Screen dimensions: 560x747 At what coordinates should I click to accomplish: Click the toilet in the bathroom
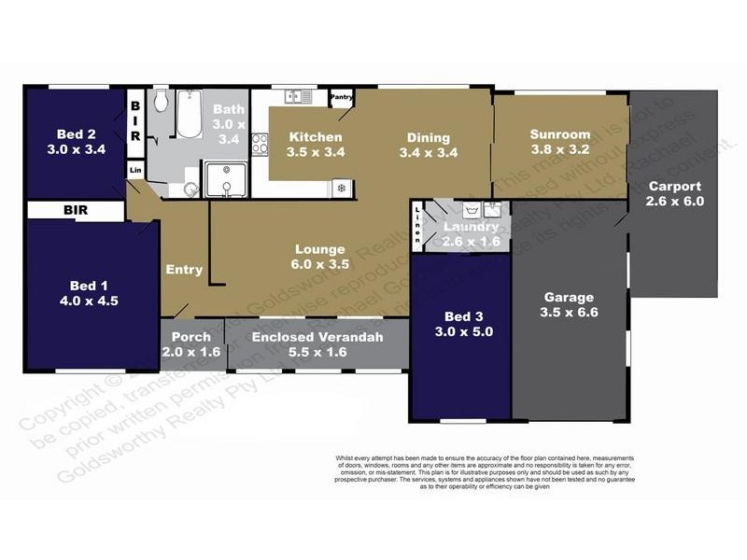click(x=160, y=101)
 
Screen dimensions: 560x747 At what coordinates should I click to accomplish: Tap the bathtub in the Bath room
click(x=190, y=114)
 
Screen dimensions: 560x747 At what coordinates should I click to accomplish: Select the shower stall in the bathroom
click(x=224, y=179)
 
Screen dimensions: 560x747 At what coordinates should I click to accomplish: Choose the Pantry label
click(x=341, y=96)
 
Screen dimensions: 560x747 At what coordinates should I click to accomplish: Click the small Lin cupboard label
click(x=135, y=170)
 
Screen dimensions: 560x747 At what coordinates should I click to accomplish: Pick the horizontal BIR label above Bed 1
click(x=75, y=211)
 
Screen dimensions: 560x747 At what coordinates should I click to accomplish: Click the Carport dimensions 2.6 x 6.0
click(x=674, y=201)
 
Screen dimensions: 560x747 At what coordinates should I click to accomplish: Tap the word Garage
click(x=568, y=298)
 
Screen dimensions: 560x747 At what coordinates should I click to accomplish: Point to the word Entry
click(x=184, y=270)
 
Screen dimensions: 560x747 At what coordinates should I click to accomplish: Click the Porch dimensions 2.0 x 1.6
click(x=191, y=352)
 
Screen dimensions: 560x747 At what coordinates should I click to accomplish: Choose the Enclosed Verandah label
click(x=317, y=336)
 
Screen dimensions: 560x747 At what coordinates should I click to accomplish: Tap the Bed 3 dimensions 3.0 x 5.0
click(x=458, y=330)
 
